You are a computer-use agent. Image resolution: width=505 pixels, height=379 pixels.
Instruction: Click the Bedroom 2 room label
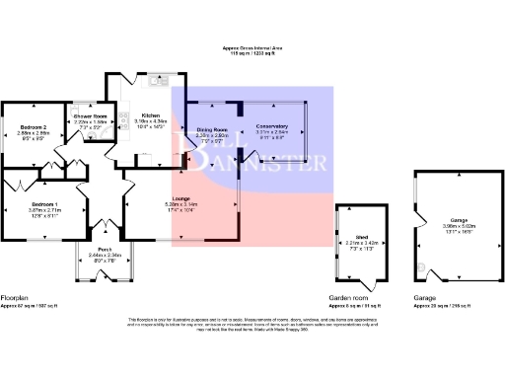[35, 127]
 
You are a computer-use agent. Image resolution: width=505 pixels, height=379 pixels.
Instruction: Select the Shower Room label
[91, 115]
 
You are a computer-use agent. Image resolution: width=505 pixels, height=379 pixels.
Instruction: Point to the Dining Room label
[212, 128]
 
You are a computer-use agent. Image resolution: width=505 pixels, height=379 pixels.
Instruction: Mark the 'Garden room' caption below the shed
[347, 297]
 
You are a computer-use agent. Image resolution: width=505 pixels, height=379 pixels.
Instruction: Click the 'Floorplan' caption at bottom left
[15, 297]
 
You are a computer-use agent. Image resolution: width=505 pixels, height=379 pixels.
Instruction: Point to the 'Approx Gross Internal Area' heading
[252, 47]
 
